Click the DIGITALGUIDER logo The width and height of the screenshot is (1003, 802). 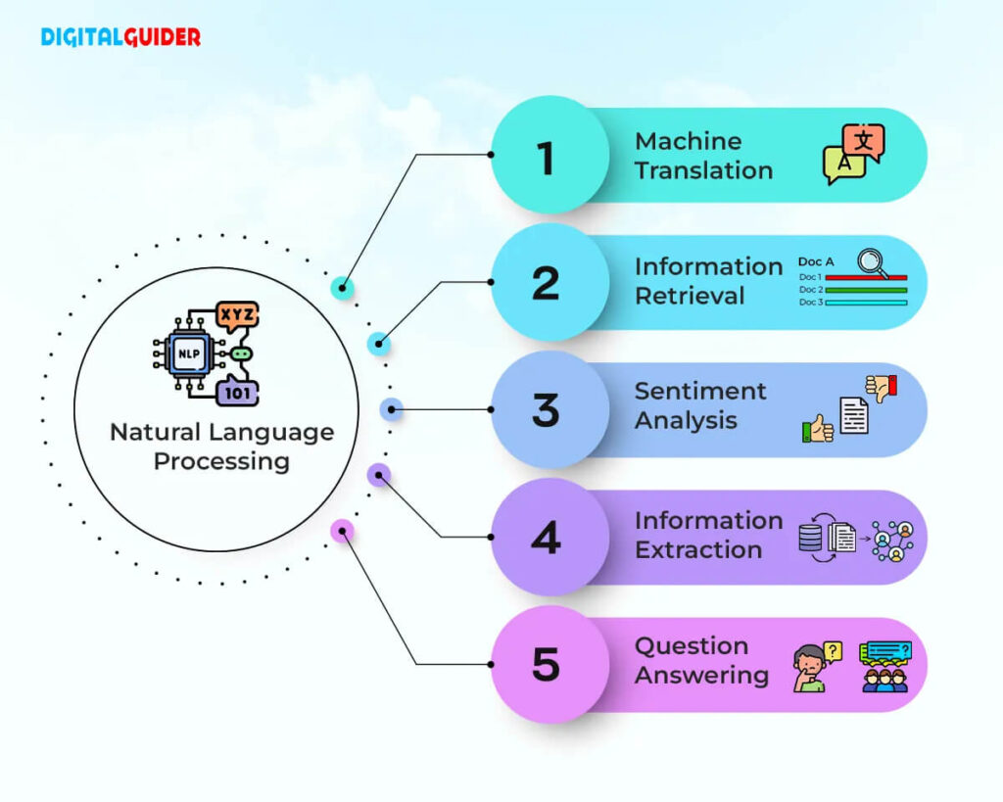click(x=120, y=37)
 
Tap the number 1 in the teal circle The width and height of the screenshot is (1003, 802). click(x=546, y=158)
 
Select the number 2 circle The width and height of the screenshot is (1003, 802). click(x=550, y=282)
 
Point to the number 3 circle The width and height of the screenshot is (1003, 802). click(x=550, y=409)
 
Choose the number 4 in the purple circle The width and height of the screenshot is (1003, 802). click(x=547, y=538)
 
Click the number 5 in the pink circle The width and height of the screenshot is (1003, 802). click(x=547, y=665)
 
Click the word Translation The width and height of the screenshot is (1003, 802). click(x=703, y=170)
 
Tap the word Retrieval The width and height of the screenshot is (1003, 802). click(x=690, y=296)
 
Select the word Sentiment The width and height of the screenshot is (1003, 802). click(x=700, y=391)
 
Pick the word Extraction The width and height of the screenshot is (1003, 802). click(x=698, y=550)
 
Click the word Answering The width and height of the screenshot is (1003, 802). click(x=701, y=676)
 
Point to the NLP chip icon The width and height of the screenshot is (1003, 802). click(x=188, y=354)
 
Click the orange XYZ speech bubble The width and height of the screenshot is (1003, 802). click(x=237, y=316)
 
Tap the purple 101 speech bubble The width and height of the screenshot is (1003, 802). click(x=237, y=392)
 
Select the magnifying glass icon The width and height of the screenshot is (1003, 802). click(x=873, y=263)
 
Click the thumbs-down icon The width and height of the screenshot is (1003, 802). click(x=882, y=388)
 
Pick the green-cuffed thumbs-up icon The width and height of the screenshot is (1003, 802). click(x=818, y=429)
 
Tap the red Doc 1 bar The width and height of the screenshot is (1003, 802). click(x=866, y=277)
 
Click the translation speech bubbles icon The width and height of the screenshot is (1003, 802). click(x=854, y=154)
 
